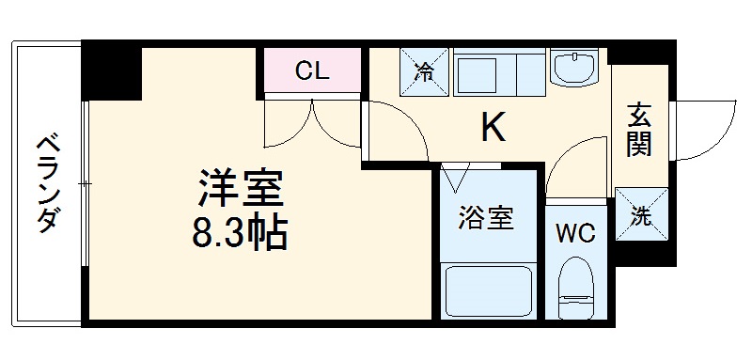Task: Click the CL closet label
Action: pyautogui.click(x=311, y=70)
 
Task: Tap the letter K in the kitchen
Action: pyautogui.click(x=493, y=128)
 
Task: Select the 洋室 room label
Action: pyautogui.click(x=240, y=188)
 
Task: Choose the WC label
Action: pyautogui.click(x=574, y=233)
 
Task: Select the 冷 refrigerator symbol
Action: pyautogui.click(x=426, y=70)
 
